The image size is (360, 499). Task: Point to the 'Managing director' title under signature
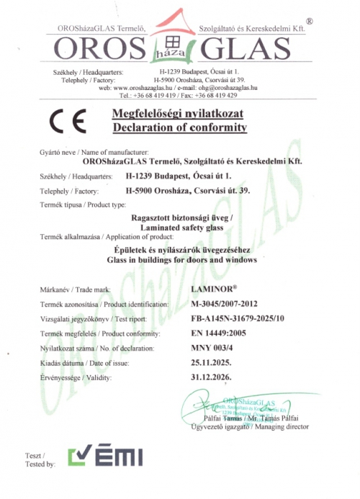[x=281, y=426]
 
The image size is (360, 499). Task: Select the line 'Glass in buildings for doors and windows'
[x=181, y=259]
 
